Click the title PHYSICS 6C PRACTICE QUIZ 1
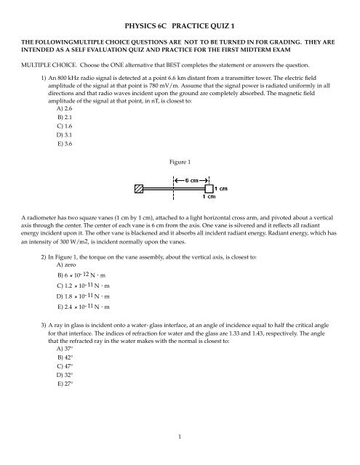coord(180,14)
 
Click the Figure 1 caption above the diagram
coord(180,153)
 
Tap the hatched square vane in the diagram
coord(139,189)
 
